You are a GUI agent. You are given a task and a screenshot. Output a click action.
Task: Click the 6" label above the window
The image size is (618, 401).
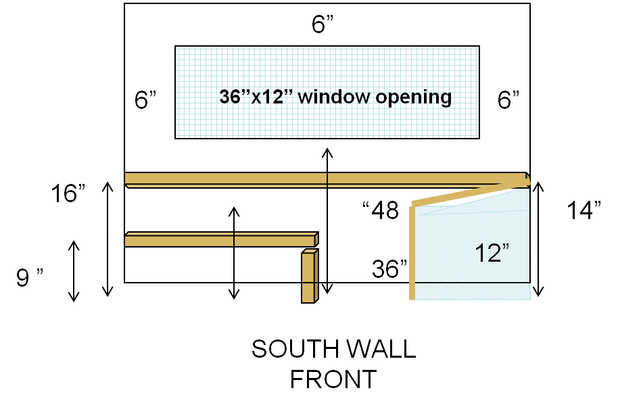[323, 25]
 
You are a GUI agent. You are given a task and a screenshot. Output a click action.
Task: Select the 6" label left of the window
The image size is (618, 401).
[145, 100]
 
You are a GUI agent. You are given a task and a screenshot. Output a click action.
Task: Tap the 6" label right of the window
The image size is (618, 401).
[508, 100]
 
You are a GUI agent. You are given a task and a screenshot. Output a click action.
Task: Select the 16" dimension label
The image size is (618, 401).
[68, 194]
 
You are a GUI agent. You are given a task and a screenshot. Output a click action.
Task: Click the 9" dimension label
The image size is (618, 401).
[30, 277]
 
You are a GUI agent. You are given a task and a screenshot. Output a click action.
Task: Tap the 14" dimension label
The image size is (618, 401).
[584, 210]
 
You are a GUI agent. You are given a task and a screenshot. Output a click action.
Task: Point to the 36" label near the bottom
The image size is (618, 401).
[390, 269]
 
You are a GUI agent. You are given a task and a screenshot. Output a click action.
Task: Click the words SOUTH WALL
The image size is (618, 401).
[333, 350]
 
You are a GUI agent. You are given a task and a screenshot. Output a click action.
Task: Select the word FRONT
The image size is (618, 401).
[333, 379]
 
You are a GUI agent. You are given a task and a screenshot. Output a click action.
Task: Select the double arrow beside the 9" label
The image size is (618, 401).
[74, 271]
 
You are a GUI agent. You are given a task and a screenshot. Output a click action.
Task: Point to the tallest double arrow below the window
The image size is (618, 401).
[327, 220]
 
